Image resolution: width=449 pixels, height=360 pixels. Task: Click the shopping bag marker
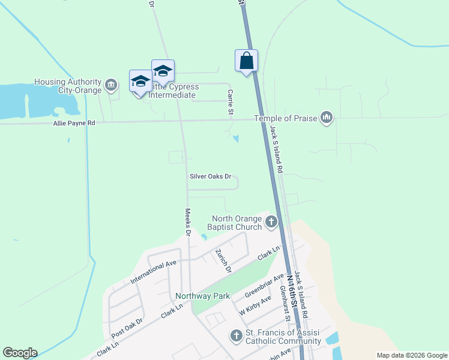point(246,61)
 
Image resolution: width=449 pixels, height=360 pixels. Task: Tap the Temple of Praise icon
point(327,118)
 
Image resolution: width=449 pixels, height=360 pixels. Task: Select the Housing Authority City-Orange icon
point(111,86)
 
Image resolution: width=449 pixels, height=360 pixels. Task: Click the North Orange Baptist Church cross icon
point(271,223)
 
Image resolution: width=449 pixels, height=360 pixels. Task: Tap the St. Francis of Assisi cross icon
point(237,336)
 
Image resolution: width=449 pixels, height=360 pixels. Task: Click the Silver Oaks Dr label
point(210,176)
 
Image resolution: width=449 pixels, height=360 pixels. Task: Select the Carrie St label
point(230,102)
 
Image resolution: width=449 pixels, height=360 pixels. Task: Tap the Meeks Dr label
point(187,221)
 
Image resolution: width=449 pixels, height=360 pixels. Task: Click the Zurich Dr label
point(223,261)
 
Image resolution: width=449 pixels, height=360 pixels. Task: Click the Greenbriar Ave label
point(265,286)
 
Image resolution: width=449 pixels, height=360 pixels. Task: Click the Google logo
point(20,353)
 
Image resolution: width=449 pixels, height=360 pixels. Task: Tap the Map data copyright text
point(411,355)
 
